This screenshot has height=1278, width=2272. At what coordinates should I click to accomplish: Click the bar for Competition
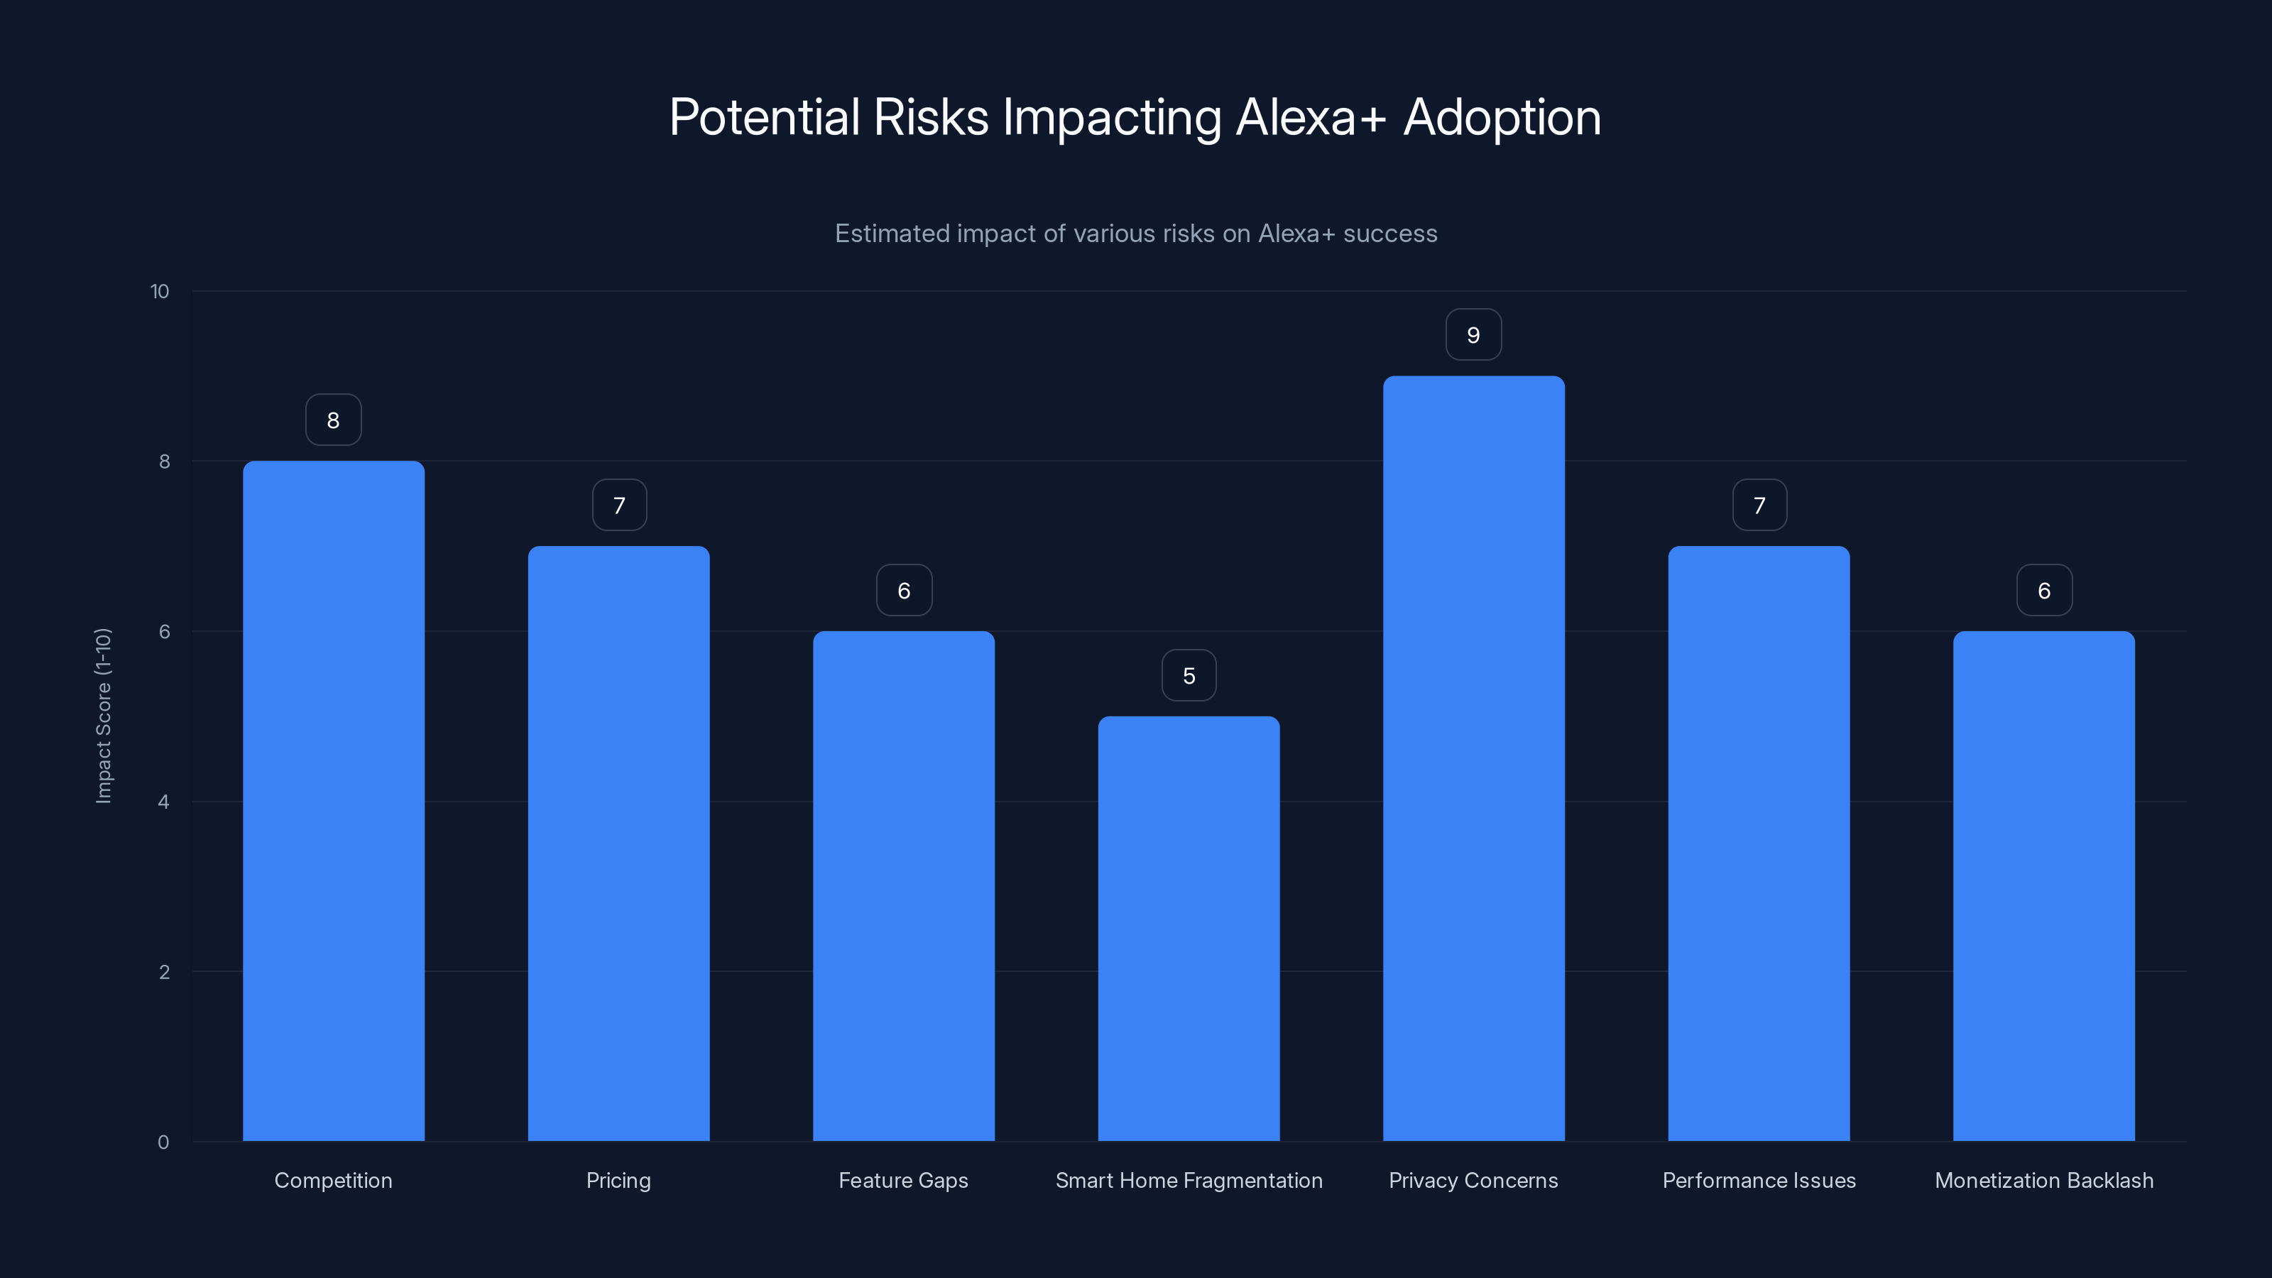334,801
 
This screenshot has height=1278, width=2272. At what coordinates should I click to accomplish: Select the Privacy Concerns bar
1473,758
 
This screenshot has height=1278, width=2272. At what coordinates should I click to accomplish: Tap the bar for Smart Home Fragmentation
1188,929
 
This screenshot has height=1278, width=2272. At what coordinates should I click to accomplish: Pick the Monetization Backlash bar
2043,885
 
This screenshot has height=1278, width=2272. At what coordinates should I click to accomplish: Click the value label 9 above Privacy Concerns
1473,335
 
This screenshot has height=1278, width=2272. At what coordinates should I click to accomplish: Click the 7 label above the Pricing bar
619,506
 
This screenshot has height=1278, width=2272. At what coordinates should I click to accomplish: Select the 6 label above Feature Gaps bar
904,591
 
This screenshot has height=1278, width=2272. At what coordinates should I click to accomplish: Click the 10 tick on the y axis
160,292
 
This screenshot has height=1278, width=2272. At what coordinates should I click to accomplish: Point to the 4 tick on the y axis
163,802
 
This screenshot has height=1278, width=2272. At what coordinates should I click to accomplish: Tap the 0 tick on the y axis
163,1142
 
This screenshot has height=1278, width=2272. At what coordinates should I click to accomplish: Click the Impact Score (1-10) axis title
103,715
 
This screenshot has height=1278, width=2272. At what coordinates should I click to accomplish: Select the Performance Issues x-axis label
1759,1180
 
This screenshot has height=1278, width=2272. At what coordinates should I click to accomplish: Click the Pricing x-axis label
618,1180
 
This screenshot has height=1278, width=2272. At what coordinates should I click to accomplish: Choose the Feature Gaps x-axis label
903,1180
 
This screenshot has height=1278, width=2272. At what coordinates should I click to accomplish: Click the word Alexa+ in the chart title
1311,117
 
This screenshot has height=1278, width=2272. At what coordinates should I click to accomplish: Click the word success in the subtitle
1390,234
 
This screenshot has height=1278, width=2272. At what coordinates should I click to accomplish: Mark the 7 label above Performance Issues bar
1759,506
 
